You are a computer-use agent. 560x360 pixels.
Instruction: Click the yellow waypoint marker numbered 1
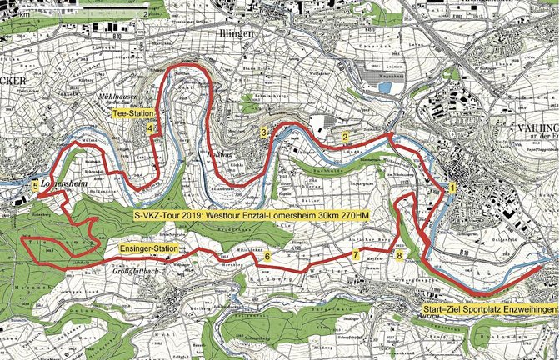[x=452, y=188]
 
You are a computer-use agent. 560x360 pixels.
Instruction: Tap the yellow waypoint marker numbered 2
[x=344, y=137]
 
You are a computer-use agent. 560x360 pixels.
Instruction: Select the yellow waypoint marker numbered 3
[x=262, y=132]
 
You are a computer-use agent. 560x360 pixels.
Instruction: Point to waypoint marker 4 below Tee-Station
[x=150, y=129]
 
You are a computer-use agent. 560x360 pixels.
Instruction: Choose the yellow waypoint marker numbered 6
[x=267, y=256]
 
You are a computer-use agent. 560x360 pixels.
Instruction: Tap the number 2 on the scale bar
[x=145, y=12]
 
